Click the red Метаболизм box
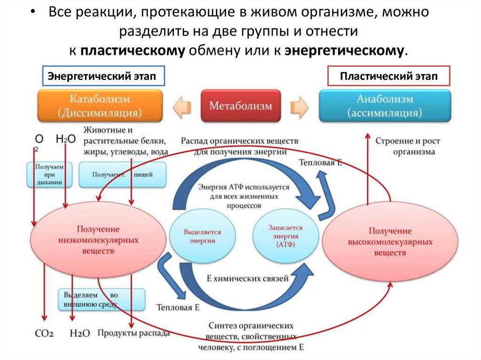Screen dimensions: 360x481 240,106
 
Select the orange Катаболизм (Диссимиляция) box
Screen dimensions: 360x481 100,106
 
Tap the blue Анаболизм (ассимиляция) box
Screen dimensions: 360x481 384,106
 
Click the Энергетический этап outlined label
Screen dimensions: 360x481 103,77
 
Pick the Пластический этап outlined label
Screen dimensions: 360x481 388,77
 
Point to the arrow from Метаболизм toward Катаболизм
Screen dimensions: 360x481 183,107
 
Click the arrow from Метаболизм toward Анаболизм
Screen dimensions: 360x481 299,107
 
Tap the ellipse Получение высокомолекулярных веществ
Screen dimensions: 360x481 390,238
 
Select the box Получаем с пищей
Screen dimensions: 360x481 122,175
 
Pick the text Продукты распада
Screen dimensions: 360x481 133,333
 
